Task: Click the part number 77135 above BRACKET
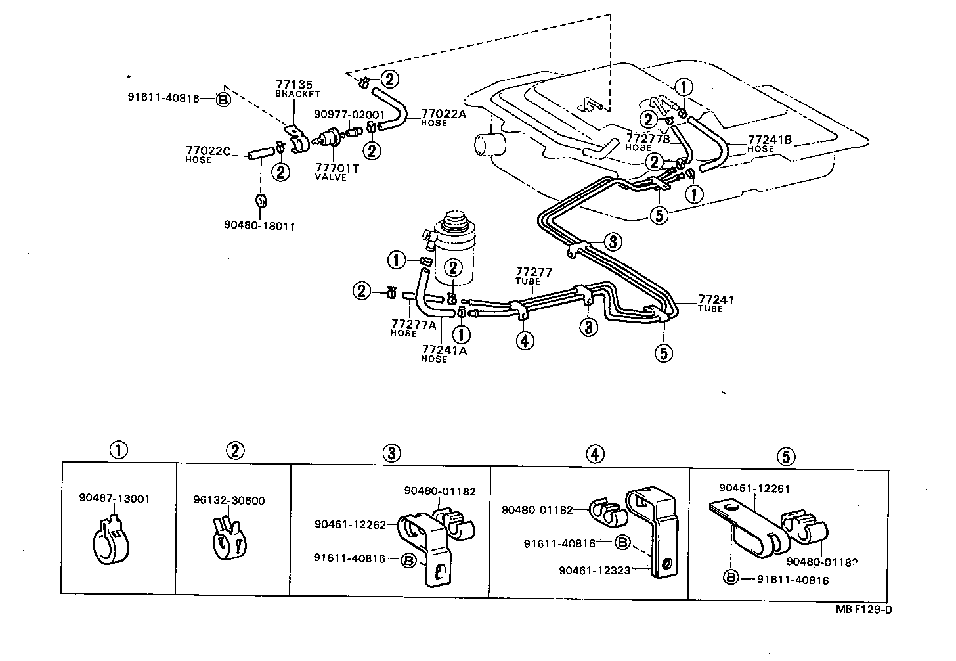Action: pyautogui.click(x=290, y=85)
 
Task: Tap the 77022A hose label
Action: pyautogui.click(x=443, y=113)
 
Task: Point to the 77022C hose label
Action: pyautogui.click(x=207, y=151)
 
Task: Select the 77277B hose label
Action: pyautogui.click(x=647, y=139)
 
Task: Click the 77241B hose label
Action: pyautogui.click(x=770, y=140)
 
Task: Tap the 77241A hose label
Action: pyautogui.click(x=444, y=350)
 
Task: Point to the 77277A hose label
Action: pyautogui.click(x=414, y=324)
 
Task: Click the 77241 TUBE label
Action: pyautogui.click(x=716, y=300)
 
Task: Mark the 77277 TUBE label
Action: pyautogui.click(x=533, y=272)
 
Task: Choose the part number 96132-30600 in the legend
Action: pyautogui.click(x=229, y=501)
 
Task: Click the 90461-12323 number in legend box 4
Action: pyautogui.click(x=595, y=570)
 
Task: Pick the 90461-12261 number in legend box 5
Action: pyautogui.click(x=754, y=488)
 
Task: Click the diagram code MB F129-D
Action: pyautogui.click(x=864, y=608)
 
